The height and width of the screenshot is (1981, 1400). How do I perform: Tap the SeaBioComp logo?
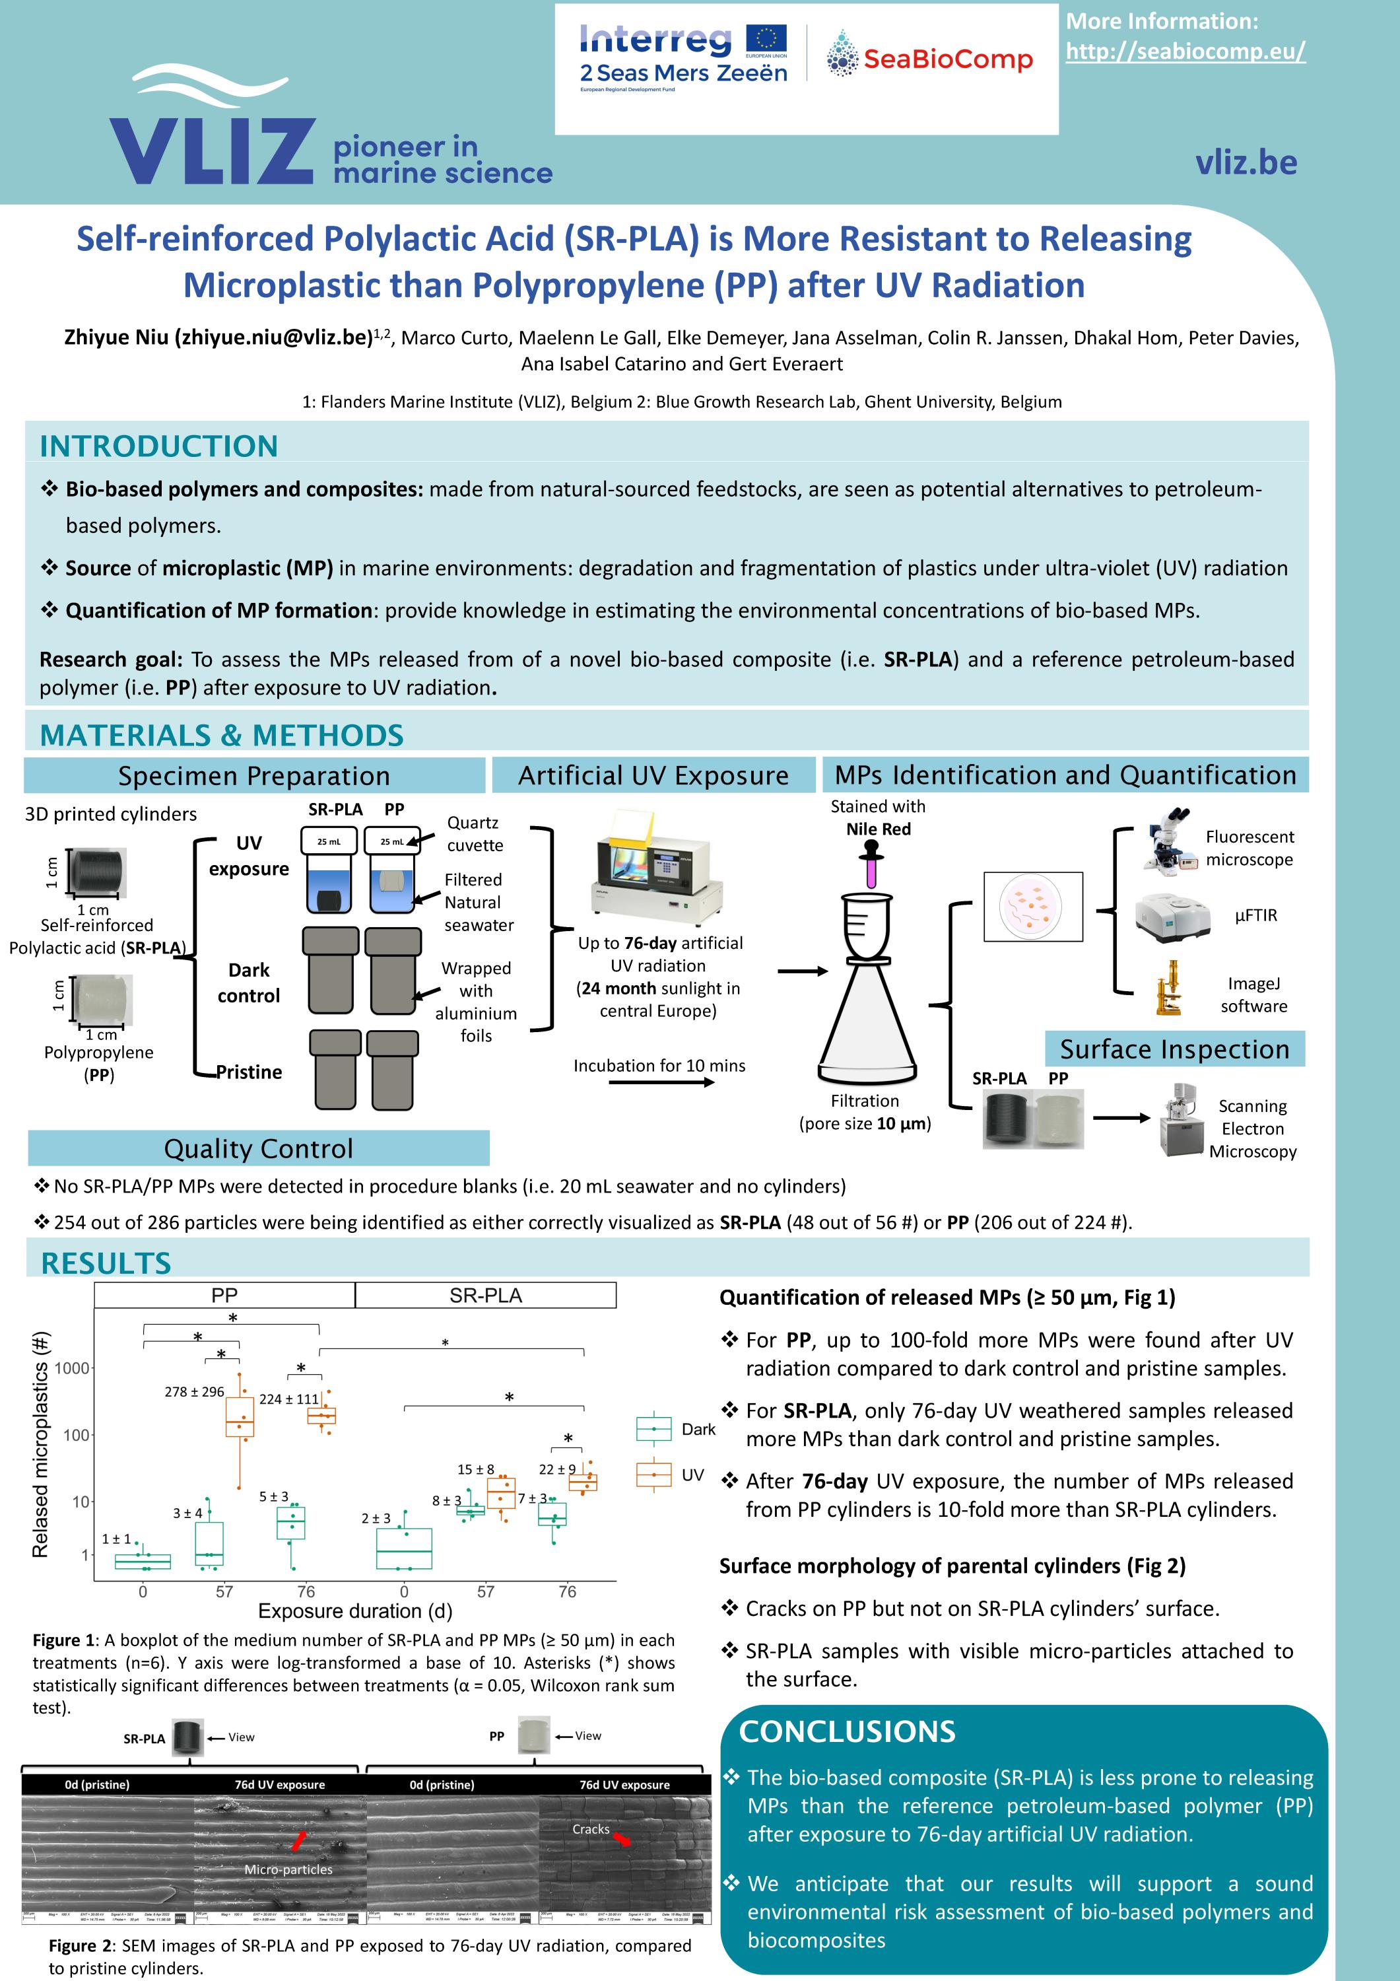click(928, 58)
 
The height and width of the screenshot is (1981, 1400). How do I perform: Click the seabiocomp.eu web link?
click(1185, 52)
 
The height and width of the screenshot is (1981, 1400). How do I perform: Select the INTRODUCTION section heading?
click(158, 446)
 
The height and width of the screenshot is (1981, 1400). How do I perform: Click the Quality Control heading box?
click(258, 1148)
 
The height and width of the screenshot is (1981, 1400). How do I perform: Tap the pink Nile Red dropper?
click(871, 866)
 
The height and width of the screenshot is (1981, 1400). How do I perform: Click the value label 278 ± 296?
click(194, 1392)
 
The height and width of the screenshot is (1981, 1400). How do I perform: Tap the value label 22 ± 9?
click(556, 1469)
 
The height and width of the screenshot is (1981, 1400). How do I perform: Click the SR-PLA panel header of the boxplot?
click(486, 1295)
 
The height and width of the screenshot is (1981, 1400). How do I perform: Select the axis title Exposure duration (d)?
click(354, 1611)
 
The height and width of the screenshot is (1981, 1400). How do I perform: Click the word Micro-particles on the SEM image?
click(288, 1869)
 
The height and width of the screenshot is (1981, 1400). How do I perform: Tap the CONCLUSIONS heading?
click(846, 1731)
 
